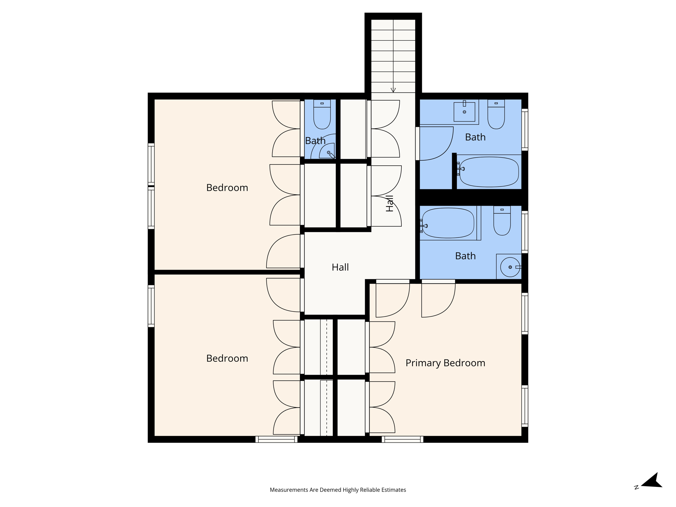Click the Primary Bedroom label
(445, 363)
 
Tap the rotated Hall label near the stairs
(390, 203)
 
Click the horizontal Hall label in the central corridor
(340, 267)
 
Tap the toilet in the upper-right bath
(496, 116)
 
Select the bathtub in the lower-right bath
(448, 223)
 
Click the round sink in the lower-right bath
(510, 267)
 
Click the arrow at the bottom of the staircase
(393, 90)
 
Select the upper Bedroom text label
(227, 187)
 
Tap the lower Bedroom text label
(227, 358)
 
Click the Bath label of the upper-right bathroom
(475, 137)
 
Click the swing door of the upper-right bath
(436, 144)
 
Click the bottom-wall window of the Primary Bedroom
(402, 439)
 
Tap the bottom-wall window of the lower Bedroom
(276, 439)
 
